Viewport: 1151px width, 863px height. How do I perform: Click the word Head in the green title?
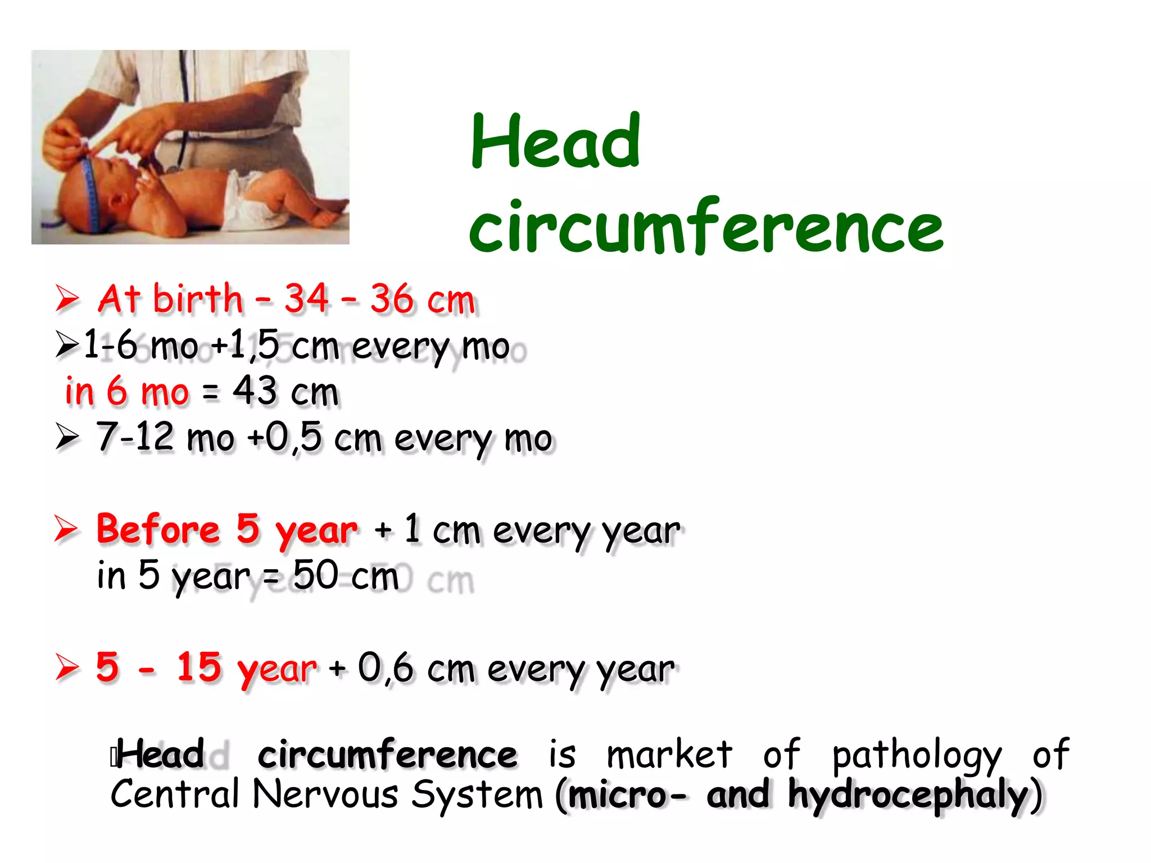click(x=555, y=142)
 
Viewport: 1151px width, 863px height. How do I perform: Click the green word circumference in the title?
click(x=706, y=227)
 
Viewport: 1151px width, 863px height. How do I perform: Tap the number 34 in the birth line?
click(x=306, y=298)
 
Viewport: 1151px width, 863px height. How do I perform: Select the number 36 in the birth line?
click(x=392, y=298)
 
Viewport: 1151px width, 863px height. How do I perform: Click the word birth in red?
click(x=198, y=298)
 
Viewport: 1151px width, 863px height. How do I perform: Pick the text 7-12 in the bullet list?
click(x=135, y=437)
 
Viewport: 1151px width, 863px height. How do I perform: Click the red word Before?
click(x=158, y=529)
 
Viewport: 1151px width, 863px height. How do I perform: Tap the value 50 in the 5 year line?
click(x=316, y=575)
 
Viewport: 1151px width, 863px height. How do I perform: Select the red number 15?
click(x=199, y=667)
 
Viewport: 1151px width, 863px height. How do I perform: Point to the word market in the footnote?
click(x=669, y=754)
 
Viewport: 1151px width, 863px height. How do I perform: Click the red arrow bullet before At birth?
click(x=67, y=298)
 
